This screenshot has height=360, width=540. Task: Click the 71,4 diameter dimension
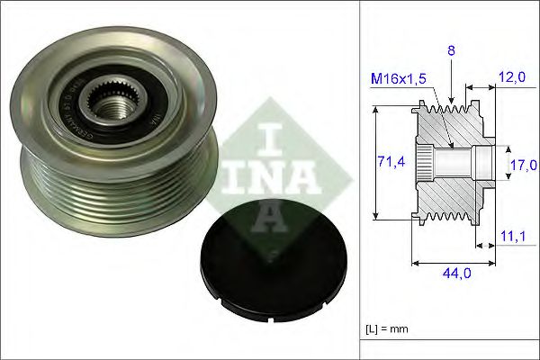[x=389, y=162]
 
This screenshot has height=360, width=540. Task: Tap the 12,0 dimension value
[x=511, y=78]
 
